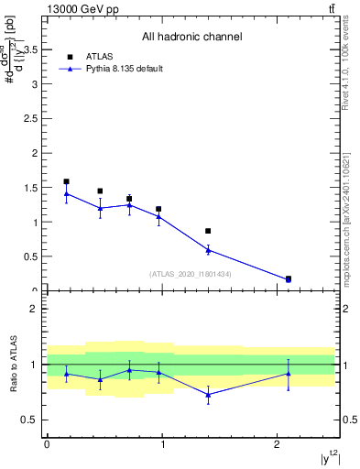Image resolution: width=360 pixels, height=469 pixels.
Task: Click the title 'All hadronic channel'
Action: pos(191,38)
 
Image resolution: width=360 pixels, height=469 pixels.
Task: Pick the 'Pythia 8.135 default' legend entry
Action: pos(125,68)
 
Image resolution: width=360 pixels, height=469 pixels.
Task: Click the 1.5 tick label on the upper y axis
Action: pos(32,188)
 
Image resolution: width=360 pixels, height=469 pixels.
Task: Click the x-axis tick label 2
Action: pos(277,445)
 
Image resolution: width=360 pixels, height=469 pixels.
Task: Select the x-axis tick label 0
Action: pos(47,445)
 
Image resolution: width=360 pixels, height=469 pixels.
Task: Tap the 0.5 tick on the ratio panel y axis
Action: pos(32,420)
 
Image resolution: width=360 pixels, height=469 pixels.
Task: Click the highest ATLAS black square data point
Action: pos(66,181)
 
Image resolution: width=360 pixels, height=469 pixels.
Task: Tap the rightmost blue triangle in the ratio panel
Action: pos(289,373)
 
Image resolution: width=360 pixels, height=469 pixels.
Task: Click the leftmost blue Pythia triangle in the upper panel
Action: pos(66,193)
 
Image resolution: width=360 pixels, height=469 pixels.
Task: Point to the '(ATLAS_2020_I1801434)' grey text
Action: pos(191,274)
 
